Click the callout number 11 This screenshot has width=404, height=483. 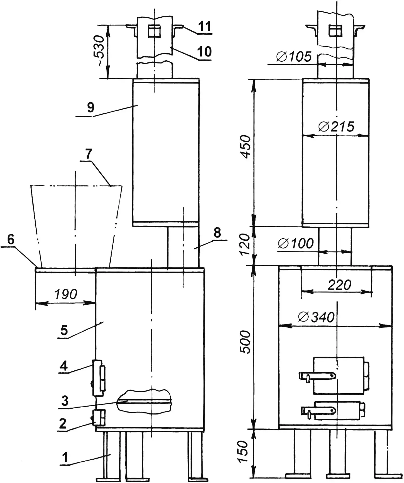coord(205,27)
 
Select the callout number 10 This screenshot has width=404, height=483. coord(204,51)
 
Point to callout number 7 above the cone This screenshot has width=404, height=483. coord(89,154)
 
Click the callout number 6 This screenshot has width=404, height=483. coord(11,240)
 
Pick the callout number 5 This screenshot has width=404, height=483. coord(64,330)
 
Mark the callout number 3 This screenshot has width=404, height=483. coord(65,401)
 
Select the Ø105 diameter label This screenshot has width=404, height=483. coord(294,57)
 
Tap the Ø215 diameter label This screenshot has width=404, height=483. coord(336,127)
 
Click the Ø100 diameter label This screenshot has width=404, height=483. coord(296,244)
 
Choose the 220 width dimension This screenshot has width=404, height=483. coord(339,285)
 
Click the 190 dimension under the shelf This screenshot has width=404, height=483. coord(66,294)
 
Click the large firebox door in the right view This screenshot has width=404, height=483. coord(338,375)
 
